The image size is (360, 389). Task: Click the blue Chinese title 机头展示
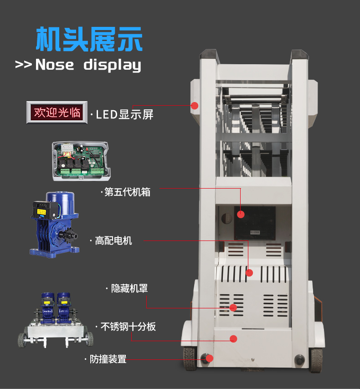click(x=89, y=39)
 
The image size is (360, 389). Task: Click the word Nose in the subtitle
click(x=55, y=65)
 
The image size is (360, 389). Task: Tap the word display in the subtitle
click(x=112, y=65)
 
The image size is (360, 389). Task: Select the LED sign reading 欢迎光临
click(x=57, y=113)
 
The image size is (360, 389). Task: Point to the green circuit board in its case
click(x=81, y=161)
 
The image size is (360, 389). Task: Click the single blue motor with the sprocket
click(x=55, y=225)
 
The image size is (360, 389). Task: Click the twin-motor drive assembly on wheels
click(x=56, y=320)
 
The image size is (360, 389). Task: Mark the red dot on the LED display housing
click(x=195, y=106)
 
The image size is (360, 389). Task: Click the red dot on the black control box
click(x=241, y=215)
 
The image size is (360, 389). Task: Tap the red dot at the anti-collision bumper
click(x=210, y=358)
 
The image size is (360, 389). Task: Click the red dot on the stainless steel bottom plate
click(x=233, y=339)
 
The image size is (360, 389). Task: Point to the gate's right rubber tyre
click(x=316, y=360)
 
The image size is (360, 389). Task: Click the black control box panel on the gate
click(x=255, y=223)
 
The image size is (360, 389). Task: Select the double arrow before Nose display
click(x=24, y=65)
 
